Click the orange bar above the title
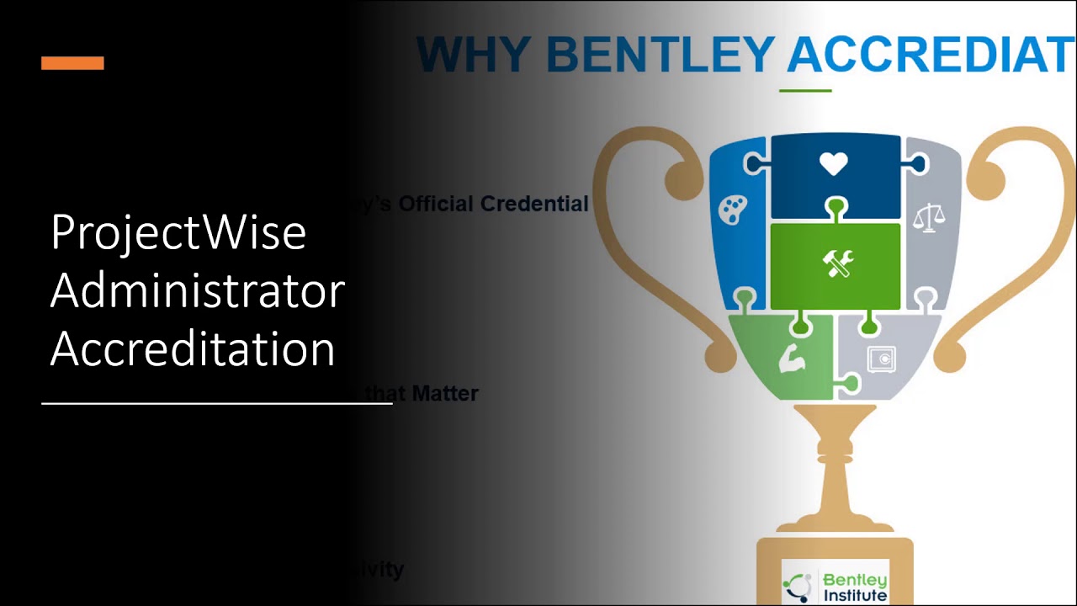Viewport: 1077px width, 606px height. (x=72, y=63)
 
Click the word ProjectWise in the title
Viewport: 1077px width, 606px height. (x=178, y=232)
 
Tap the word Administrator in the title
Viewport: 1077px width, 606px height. (x=198, y=291)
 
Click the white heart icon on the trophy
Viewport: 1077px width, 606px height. (x=834, y=164)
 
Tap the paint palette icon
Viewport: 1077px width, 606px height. (x=733, y=210)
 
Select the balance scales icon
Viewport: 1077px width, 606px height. (x=929, y=217)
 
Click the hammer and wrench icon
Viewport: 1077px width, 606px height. (x=838, y=264)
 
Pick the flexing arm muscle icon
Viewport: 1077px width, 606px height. (x=792, y=359)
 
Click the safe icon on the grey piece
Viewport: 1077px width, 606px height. (x=880, y=359)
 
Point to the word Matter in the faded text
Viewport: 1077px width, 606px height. (x=445, y=393)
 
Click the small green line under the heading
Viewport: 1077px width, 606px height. (x=805, y=90)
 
